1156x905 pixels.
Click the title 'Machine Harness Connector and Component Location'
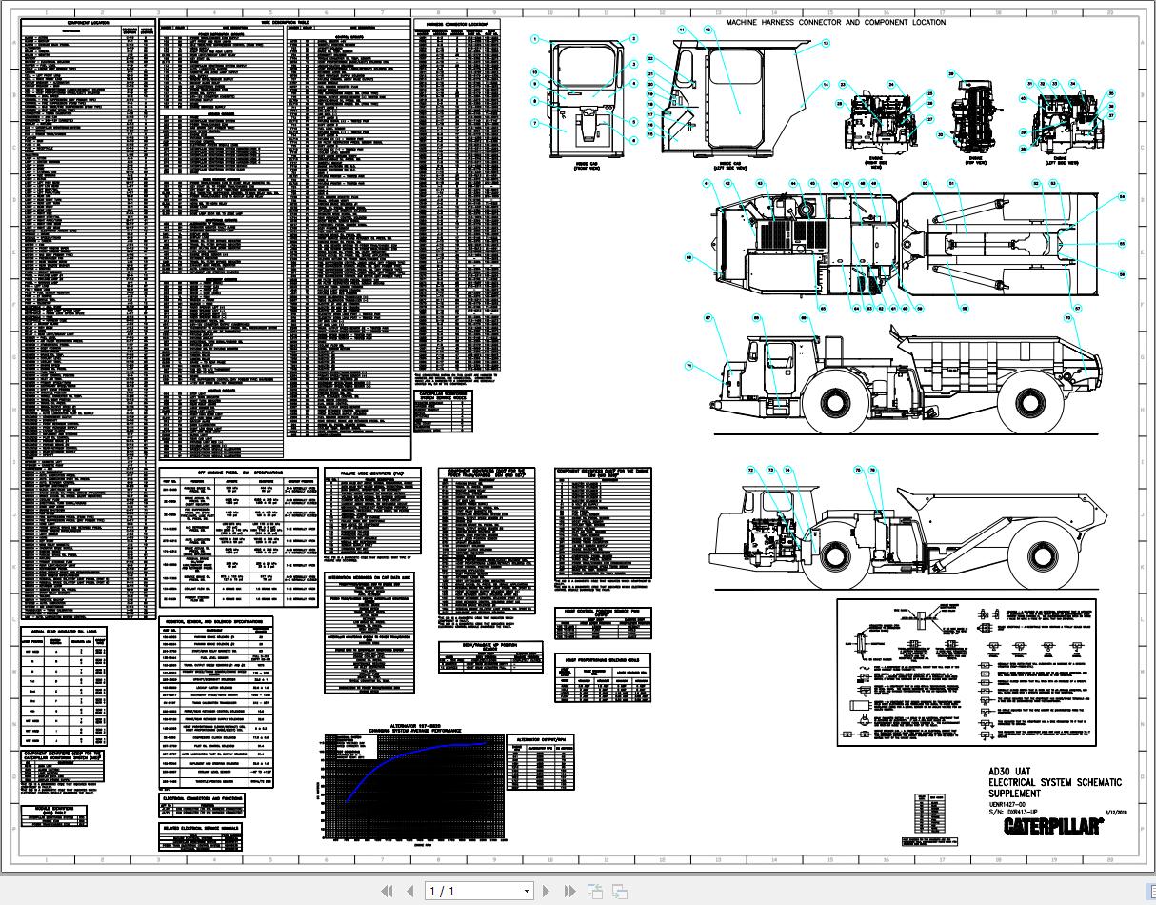coord(835,21)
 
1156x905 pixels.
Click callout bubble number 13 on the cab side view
coord(826,43)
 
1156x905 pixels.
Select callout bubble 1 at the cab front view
coord(535,39)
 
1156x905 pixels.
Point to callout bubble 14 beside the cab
coord(826,85)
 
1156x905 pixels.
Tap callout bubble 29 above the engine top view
coord(950,73)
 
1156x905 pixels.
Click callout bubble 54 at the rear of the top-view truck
coord(1122,197)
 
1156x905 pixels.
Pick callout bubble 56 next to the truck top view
coord(1122,274)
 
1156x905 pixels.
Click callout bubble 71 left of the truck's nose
coord(688,365)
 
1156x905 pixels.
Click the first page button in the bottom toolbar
coord(387,892)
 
